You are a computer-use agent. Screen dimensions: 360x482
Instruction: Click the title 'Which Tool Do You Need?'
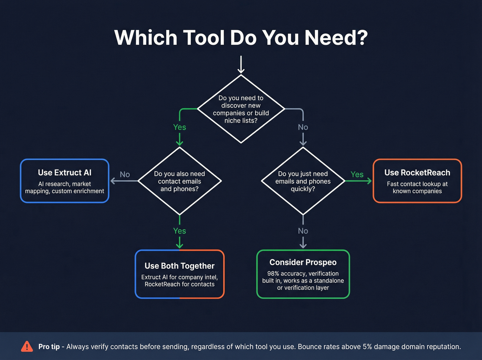pyautogui.click(x=241, y=38)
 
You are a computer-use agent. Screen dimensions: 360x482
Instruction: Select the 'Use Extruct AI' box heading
pyautogui.click(x=65, y=173)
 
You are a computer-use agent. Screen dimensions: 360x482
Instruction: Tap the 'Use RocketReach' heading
pyautogui.click(x=417, y=173)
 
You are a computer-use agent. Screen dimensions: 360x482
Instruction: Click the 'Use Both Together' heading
pyautogui.click(x=179, y=266)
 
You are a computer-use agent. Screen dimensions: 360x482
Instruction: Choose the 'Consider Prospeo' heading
pyautogui.click(x=303, y=263)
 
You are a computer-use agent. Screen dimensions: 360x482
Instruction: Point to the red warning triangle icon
pyautogui.click(x=27, y=347)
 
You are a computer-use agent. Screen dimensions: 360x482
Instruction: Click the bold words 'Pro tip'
pyautogui.click(x=49, y=347)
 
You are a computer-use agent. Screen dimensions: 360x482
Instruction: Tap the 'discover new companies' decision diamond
pyautogui.click(x=241, y=109)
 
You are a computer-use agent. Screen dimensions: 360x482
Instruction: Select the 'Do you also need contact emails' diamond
pyautogui.click(x=179, y=181)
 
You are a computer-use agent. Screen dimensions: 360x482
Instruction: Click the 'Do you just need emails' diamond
pyautogui.click(x=303, y=181)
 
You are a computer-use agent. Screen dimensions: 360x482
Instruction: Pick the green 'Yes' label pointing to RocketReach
pyautogui.click(x=357, y=175)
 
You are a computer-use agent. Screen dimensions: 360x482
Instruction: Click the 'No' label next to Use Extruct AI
pyautogui.click(x=125, y=175)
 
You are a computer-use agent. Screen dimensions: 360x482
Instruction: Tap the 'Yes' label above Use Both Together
pyautogui.click(x=179, y=231)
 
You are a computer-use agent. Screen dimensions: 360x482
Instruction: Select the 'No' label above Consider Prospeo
pyautogui.click(x=303, y=231)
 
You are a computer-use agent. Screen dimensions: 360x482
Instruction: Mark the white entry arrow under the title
pyautogui.click(x=241, y=65)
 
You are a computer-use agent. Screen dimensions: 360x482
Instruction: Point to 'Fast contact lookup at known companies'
pyautogui.click(x=417, y=187)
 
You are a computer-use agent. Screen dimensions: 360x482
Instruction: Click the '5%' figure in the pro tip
pyautogui.click(x=367, y=347)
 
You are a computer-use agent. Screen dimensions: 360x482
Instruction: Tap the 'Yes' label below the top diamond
pyautogui.click(x=179, y=127)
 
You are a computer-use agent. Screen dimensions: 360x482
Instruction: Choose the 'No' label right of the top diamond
pyautogui.click(x=303, y=127)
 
